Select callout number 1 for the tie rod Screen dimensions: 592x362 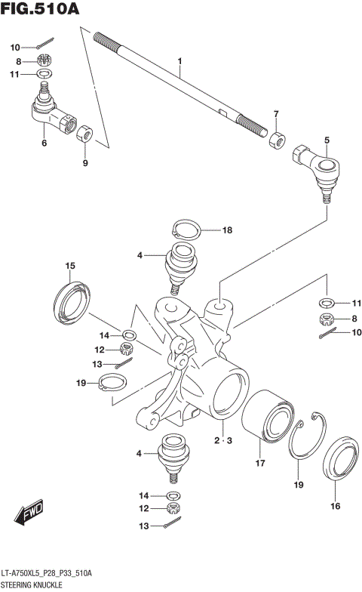[180, 60]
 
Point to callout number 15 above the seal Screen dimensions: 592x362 [70, 266]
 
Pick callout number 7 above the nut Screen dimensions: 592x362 [276, 114]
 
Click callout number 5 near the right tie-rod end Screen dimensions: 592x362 [327, 139]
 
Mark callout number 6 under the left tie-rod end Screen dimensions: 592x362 [44, 143]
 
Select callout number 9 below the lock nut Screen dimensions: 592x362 [84, 162]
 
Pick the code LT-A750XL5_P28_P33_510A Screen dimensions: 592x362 [46, 575]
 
